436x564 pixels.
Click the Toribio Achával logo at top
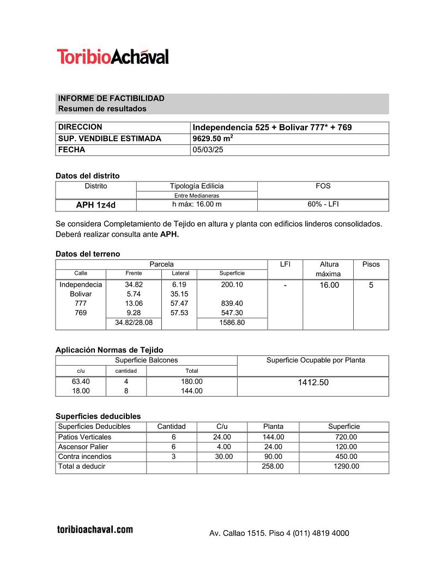pyautogui.click(x=113, y=57)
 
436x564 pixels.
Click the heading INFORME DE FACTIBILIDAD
pyautogui.click(x=111, y=99)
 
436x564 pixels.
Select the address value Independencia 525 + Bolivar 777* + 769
pyautogui.click(x=272, y=128)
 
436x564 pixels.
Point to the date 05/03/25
pyautogui.click(x=208, y=150)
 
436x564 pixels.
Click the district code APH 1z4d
pyautogui.click(x=95, y=205)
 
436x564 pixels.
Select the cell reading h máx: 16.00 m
pyautogui.click(x=196, y=205)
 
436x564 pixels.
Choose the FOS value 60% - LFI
pyautogui.click(x=323, y=205)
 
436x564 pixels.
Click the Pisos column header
pyautogui.click(x=371, y=264)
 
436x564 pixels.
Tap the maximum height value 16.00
pyautogui.click(x=329, y=285)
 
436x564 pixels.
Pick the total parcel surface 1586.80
pyautogui.click(x=232, y=323)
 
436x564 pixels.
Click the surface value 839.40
pyautogui.click(x=232, y=304)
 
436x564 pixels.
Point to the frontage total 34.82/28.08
pyautogui.click(x=134, y=323)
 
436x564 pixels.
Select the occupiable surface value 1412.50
pyautogui.click(x=313, y=383)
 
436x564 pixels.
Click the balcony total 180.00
pyautogui.click(x=192, y=381)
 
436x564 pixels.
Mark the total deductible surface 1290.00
pyautogui.click(x=346, y=466)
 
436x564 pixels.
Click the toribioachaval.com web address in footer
pyautogui.click(x=95, y=529)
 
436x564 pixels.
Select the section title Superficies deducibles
pyautogui.click(x=98, y=416)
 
